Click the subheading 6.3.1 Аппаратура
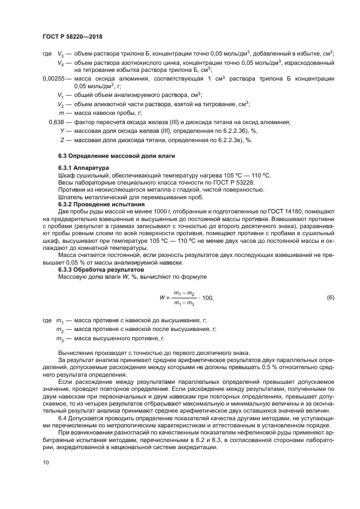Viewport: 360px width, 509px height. (x=83, y=168)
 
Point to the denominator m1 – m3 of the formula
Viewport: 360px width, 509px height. (x=184, y=303)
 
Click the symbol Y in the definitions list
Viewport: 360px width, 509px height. (x=63, y=131)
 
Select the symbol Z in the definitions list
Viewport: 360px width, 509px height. (x=63, y=140)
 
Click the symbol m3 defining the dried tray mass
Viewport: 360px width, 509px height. (x=60, y=339)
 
